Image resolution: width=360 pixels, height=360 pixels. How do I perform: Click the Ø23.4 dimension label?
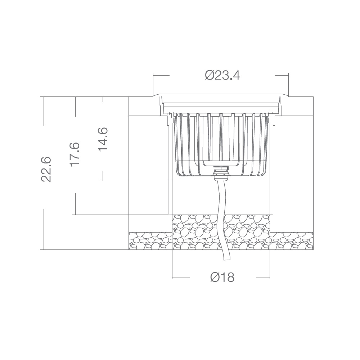click(x=222, y=76)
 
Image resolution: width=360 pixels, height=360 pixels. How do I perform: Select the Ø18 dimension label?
click(x=222, y=278)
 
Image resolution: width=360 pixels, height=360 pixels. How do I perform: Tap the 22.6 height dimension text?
click(x=46, y=169)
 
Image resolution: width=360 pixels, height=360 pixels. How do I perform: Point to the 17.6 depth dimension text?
click(x=75, y=154)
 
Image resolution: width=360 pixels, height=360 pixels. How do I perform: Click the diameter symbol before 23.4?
click(x=210, y=76)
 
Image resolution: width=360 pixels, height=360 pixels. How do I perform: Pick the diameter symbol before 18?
click(x=215, y=278)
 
